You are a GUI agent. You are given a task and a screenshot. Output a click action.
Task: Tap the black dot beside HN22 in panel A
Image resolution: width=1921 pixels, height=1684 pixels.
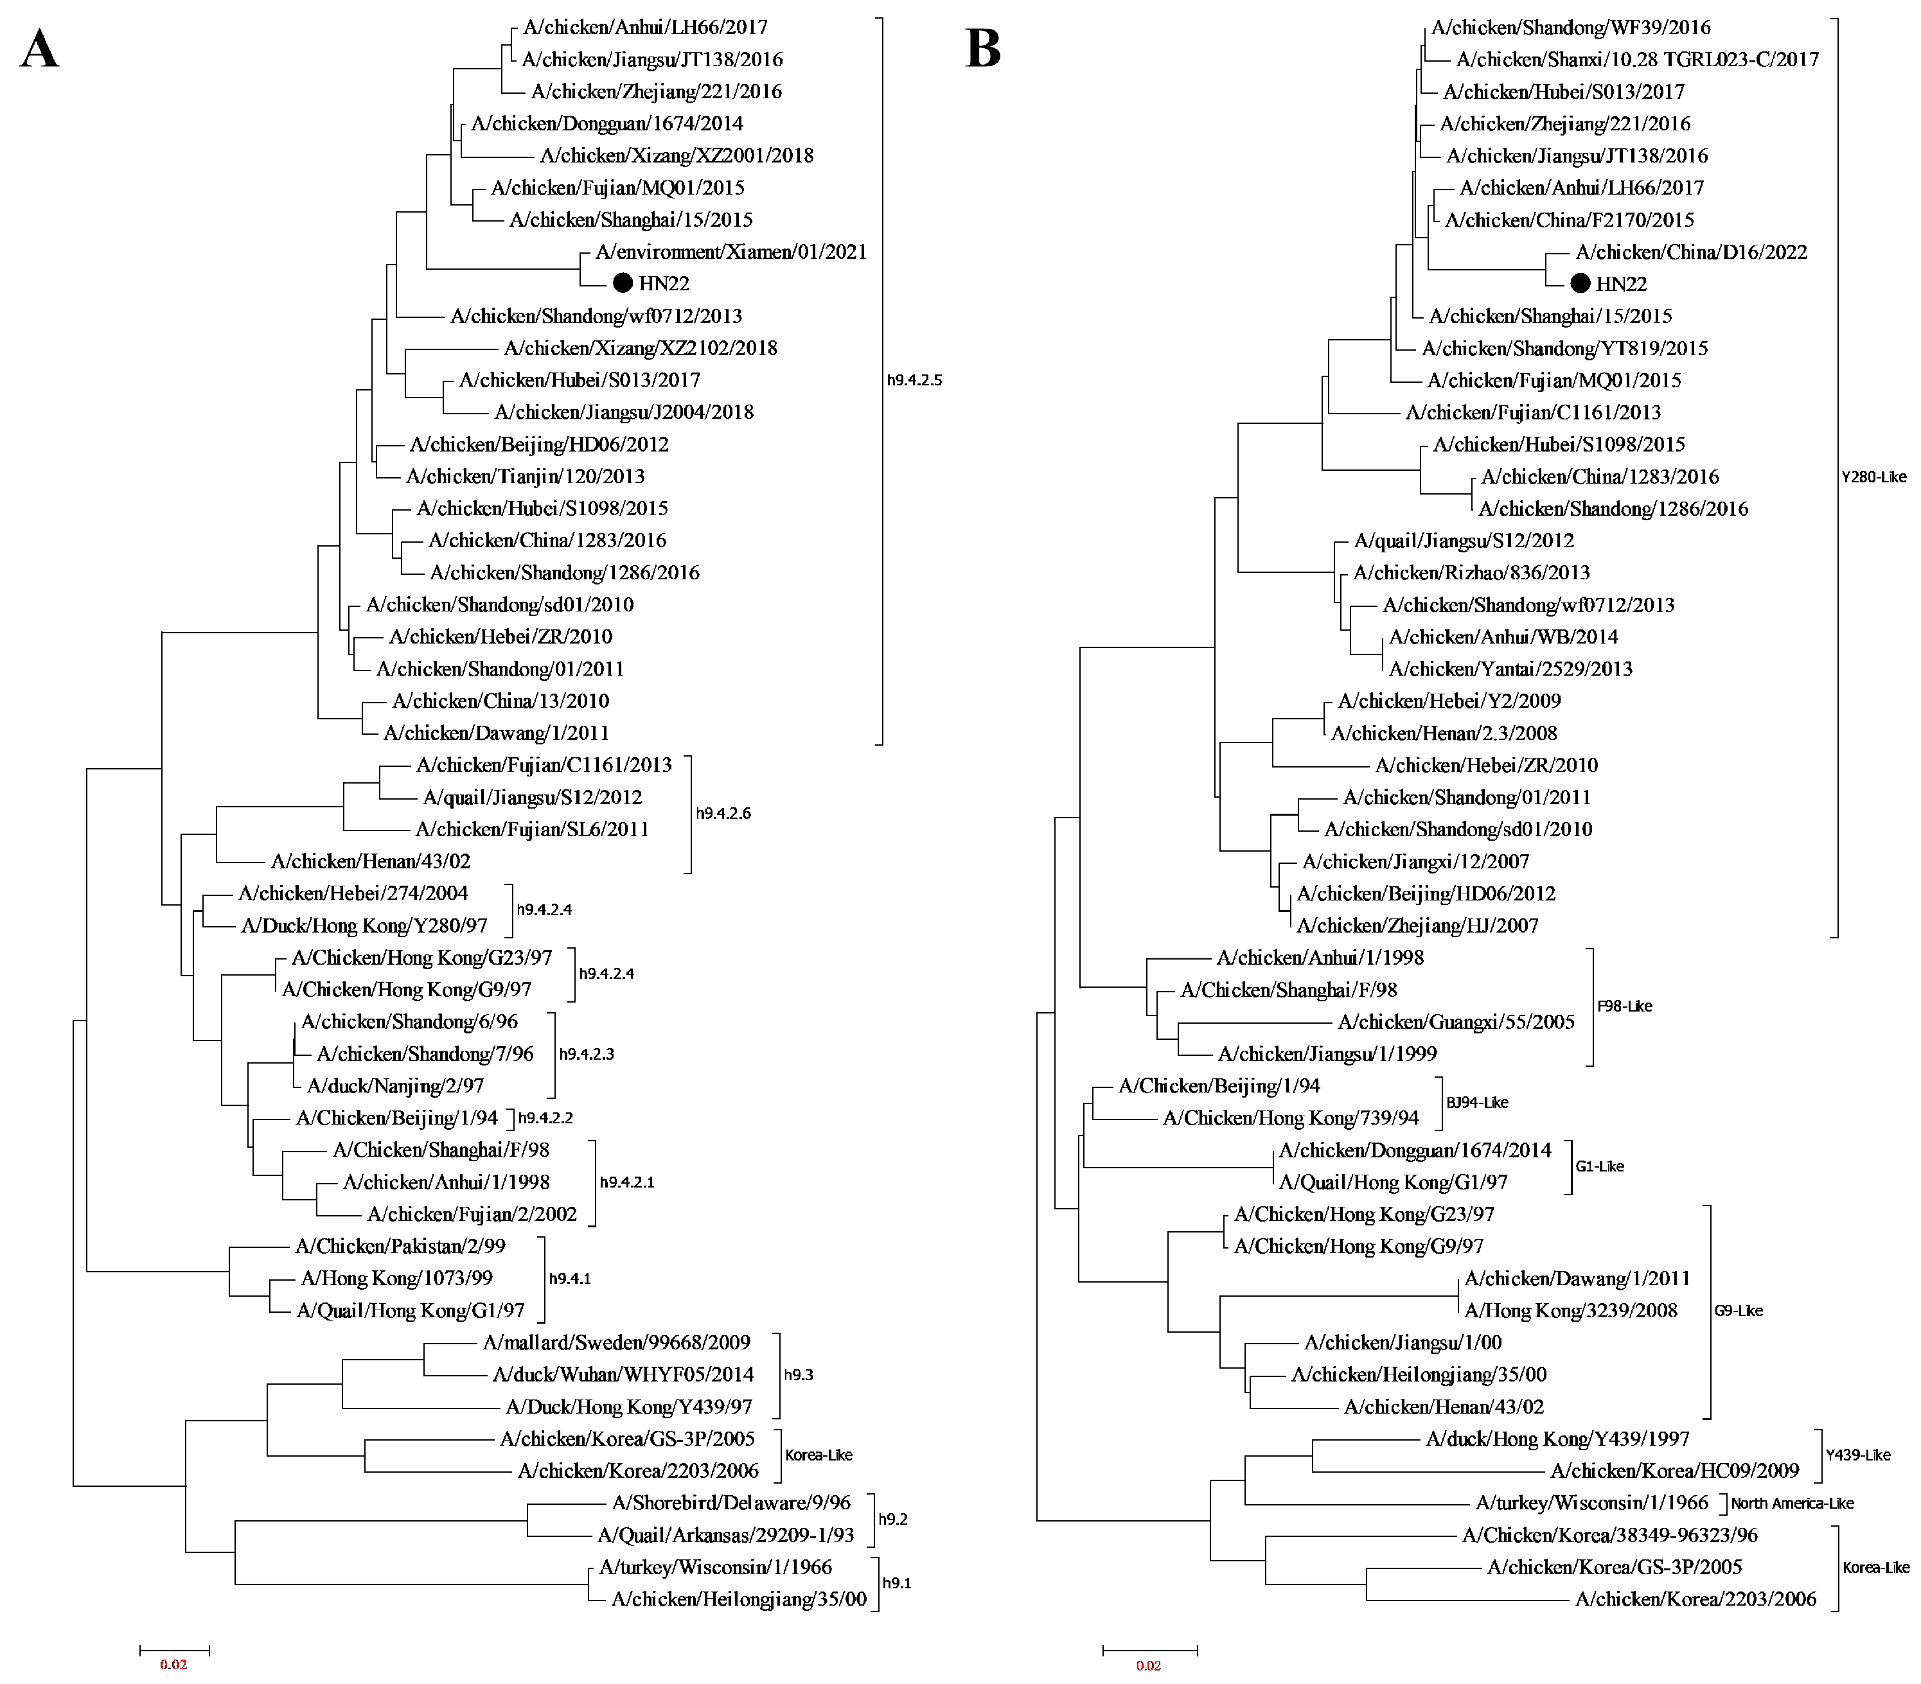point(622,283)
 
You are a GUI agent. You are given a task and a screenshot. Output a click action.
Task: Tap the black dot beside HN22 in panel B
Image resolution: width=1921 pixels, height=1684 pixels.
point(1580,283)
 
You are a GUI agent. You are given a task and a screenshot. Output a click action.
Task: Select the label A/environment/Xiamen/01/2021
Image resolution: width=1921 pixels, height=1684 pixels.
point(731,252)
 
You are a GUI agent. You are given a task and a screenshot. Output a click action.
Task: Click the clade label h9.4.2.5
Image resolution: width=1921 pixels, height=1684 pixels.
point(914,381)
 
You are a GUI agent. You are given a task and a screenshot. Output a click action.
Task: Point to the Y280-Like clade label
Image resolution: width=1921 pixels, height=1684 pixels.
point(1873,477)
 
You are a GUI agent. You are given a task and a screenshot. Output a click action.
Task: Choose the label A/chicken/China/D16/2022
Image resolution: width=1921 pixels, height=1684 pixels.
point(1691,252)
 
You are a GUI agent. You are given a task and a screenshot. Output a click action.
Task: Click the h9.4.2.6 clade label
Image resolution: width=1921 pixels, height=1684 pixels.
point(723,814)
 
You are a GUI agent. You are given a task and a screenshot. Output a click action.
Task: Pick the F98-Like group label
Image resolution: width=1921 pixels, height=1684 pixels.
point(1624,1006)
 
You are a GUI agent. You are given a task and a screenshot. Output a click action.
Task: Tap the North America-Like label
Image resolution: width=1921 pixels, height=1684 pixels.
point(1793,1504)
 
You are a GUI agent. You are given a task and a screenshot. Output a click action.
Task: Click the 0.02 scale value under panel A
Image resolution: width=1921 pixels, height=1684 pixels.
point(174,1664)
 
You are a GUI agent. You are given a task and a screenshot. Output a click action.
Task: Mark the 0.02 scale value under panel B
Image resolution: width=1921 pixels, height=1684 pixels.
point(1149,1665)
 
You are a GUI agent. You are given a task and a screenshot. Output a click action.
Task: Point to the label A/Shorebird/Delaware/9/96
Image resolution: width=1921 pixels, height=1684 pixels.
point(731,1504)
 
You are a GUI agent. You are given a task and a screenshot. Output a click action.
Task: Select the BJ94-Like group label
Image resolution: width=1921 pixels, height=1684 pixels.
point(1476,1102)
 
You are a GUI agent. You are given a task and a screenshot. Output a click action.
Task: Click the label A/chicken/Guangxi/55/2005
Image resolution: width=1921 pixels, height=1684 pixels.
point(1456,1022)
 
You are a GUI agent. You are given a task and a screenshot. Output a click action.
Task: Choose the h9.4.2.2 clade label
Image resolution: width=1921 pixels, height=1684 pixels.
point(545,1118)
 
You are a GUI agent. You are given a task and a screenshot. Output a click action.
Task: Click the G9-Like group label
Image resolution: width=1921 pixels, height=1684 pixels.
point(1738,1311)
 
